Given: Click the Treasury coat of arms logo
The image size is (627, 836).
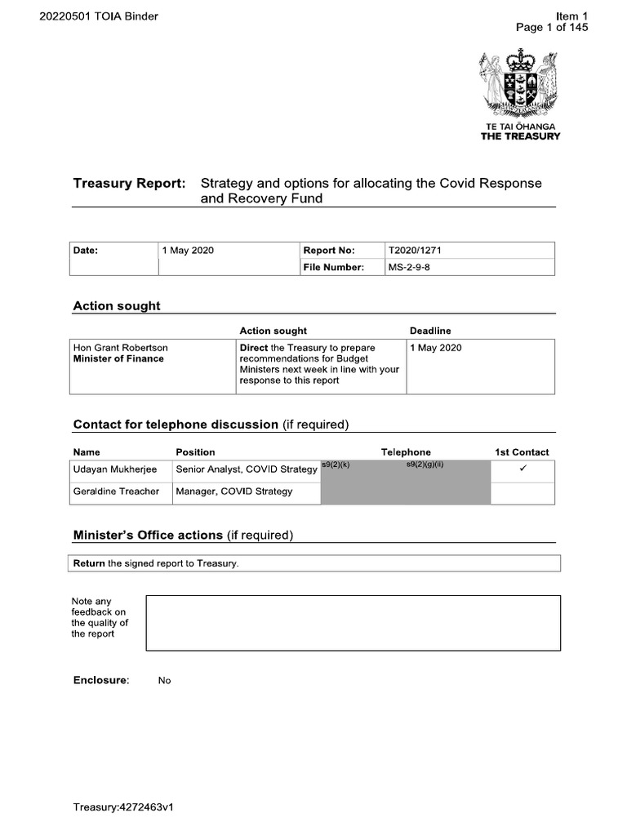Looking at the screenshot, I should tap(519, 84).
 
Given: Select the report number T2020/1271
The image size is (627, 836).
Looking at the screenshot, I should tap(416, 251).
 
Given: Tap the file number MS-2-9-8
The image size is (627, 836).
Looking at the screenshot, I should tap(408, 267).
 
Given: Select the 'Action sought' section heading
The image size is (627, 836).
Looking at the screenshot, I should tap(117, 306).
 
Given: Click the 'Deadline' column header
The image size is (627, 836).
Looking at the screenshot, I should tap(429, 331).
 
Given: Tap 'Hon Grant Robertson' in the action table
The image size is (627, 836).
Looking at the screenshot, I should tap(121, 348).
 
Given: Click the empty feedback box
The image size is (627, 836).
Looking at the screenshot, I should tap(353, 623).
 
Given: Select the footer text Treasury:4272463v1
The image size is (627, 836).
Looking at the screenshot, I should tap(124, 807).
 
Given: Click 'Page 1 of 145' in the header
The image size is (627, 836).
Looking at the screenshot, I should tap(552, 27).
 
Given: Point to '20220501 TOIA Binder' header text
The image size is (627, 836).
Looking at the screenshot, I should tap(99, 16).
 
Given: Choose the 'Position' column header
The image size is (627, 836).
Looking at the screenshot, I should tap(196, 451).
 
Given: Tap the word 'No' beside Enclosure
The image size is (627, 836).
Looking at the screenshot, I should tap(164, 681).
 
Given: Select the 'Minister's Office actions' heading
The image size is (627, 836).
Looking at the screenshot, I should tap(148, 535).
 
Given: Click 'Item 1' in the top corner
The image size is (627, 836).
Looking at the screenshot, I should tap(571, 16).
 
